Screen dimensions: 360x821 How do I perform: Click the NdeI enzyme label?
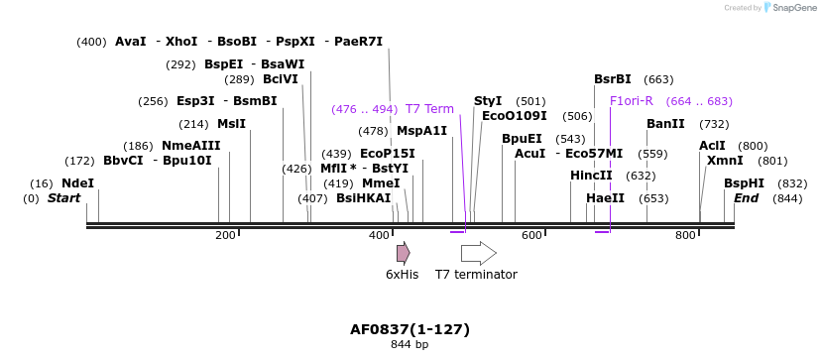tap(77, 183)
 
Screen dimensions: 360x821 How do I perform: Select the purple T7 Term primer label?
tap(429, 109)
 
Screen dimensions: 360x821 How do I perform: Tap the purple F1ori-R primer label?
tap(631, 101)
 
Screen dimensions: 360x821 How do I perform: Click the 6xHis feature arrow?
tap(403, 253)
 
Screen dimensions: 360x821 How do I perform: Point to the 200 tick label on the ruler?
tap(225, 235)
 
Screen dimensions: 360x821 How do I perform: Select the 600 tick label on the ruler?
tap(532, 235)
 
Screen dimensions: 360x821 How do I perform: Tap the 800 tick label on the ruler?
tap(685, 235)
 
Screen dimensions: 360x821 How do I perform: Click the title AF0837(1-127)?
tap(410, 329)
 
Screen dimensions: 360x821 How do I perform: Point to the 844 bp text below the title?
tap(410, 345)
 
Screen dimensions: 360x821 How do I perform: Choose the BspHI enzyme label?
tap(744, 183)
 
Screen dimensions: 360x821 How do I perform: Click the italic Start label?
tap(63, 198)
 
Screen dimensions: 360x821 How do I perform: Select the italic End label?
tap(746, 198)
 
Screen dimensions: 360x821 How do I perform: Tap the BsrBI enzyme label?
tap(612, 79)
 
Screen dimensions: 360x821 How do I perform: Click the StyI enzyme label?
tap(488, 101)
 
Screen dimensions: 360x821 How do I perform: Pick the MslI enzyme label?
tap(231, 124)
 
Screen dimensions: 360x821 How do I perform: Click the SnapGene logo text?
tap(789, 8)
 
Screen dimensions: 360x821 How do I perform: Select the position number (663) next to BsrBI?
tap(658, 79)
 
